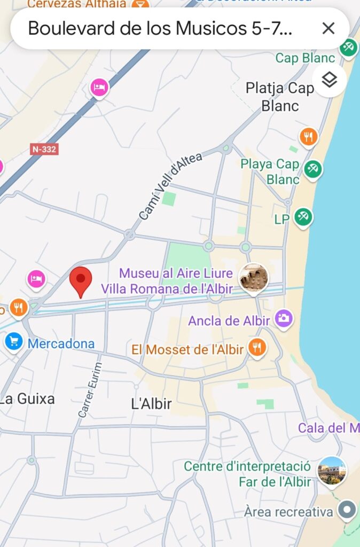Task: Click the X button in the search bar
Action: (328, 28)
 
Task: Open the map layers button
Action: (330, 80)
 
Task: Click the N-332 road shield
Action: (44, 149)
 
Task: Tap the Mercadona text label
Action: (61, 343)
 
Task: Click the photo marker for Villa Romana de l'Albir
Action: (253, 278)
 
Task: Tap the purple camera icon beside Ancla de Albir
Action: (284, 319)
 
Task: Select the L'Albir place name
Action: (151, 404)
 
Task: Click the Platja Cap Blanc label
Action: (280, 97)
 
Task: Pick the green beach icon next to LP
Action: (303, 217)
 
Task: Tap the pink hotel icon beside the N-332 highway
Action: (99, 87)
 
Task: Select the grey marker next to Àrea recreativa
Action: (347, 510)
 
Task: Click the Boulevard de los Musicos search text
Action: (160, 28)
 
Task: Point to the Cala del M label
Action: (328, 428)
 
